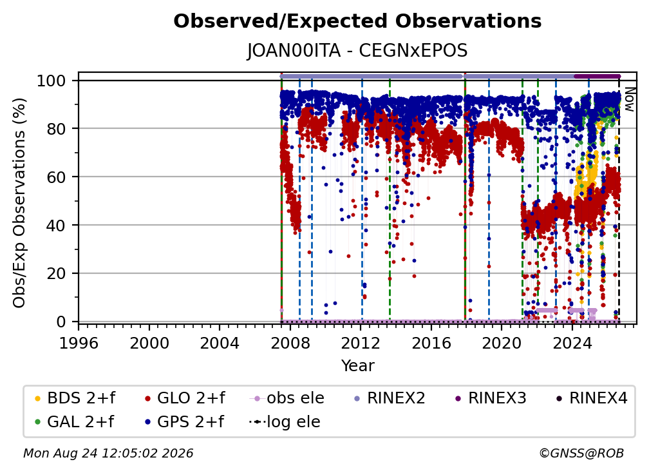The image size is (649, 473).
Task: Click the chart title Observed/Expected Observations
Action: (357, 21)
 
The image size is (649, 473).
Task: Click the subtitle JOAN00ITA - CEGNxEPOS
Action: (357, 51)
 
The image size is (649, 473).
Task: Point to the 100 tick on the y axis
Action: (52, 81)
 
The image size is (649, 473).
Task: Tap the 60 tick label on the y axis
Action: (56, 177)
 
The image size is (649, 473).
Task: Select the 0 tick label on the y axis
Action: (61, 322)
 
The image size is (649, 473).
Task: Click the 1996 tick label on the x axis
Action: (79, 343)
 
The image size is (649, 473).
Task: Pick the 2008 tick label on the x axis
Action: (290, 343)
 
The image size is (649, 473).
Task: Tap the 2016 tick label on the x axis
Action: (431, 343)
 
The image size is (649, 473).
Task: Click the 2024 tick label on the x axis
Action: (572, 343)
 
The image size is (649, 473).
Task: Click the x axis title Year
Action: (357, 366)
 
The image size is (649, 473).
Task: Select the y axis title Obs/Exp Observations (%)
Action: (19, 203)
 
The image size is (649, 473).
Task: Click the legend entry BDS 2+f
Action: (75, 398)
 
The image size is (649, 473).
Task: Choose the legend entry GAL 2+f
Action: (74, 422)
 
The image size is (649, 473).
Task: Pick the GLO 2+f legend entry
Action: (185, 398)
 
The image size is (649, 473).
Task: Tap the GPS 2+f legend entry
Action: (184, 422)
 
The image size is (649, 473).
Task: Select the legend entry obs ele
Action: (287, 398)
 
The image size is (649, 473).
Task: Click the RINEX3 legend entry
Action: (491, 398)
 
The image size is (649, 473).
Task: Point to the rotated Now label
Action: (629, 99)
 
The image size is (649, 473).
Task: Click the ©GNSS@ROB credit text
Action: (581, 454)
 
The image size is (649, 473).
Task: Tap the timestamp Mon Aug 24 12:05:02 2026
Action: (108, 454)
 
